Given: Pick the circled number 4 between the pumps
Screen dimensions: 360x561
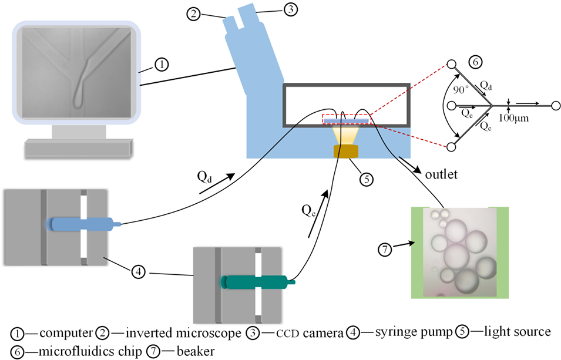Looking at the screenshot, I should (138, 271).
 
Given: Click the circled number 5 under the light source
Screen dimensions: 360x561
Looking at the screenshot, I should (367, 179).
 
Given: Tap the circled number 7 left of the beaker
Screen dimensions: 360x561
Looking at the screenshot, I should (385, 250).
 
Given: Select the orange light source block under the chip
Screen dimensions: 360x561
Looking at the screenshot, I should (347, 152).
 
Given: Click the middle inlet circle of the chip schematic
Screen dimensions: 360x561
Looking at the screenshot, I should (452, 106).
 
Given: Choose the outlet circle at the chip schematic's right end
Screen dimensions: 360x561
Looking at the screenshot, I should (555, 106).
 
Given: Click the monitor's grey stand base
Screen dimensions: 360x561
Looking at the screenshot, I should (77, 147).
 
